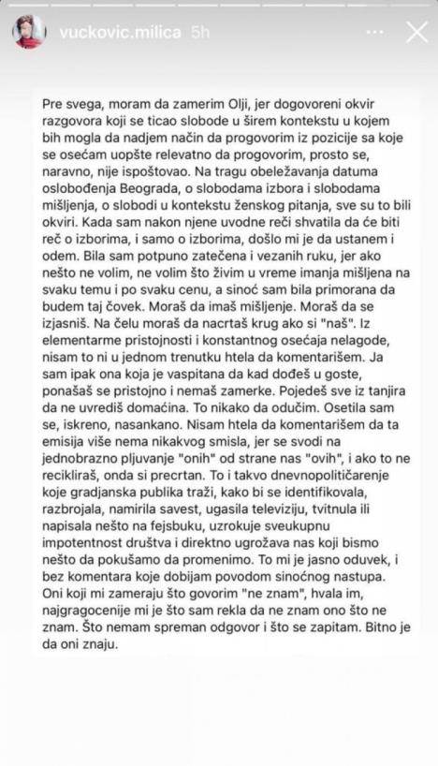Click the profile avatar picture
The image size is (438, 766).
tap(28, 31)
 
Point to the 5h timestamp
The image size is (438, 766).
tap(200, 31)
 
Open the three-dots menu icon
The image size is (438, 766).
tap(374, 31)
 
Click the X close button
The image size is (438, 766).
tap(417, 31)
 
